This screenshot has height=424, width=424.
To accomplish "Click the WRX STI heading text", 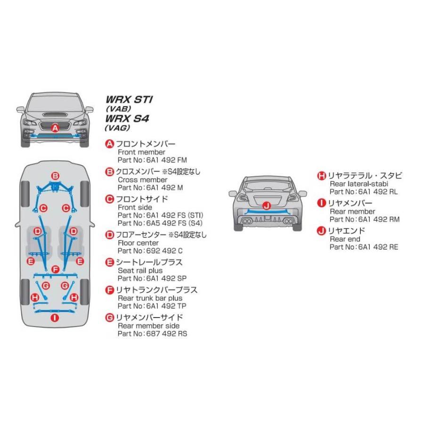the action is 129,99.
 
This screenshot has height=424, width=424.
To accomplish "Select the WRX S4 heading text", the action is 127,118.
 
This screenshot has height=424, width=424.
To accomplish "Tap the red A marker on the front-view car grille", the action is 55,128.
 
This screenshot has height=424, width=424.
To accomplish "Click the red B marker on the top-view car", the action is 55,176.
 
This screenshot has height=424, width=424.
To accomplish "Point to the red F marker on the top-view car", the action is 55,269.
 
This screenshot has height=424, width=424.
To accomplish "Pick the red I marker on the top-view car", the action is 55,318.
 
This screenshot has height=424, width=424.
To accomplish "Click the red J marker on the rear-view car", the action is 267,206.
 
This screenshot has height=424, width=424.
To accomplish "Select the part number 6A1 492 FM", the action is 167,160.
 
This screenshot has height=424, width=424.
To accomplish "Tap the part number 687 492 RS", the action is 167,334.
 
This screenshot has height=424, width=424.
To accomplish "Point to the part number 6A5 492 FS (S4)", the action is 174,223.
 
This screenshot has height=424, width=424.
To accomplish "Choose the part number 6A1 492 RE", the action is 379,247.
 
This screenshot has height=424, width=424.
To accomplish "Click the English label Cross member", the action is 142,180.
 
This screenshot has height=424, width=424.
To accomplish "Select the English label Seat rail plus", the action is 140,270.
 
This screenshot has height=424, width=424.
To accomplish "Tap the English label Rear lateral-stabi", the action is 359,184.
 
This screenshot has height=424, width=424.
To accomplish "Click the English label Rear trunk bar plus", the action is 150,298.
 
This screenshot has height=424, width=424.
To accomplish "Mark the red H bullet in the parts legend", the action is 321,176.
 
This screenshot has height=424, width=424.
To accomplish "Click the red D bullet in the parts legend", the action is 109,235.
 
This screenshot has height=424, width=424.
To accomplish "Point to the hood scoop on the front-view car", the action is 55,114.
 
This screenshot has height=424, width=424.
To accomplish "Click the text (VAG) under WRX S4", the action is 118,128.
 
